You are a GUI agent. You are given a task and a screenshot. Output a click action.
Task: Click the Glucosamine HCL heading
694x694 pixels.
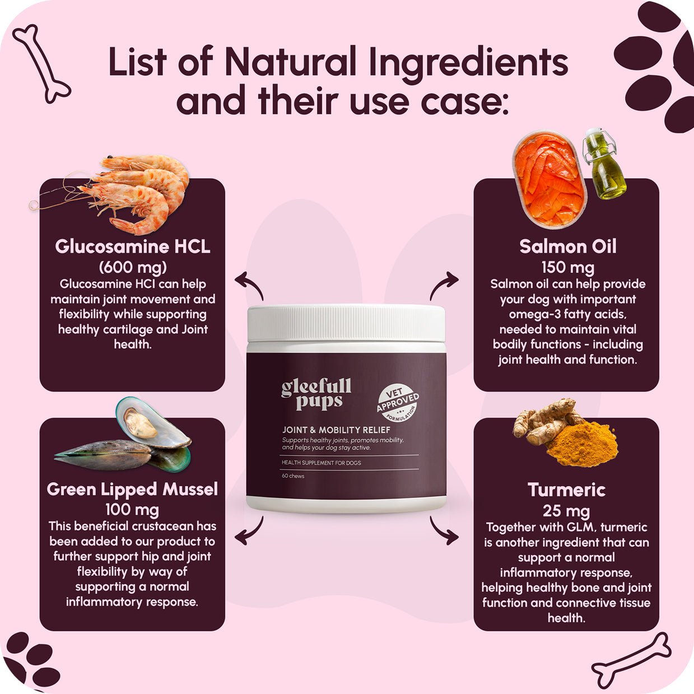133,246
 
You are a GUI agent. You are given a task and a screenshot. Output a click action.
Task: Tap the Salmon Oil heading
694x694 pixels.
567,246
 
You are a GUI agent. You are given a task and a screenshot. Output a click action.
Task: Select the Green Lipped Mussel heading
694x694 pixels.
132,490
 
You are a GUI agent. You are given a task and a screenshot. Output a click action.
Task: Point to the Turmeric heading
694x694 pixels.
566,490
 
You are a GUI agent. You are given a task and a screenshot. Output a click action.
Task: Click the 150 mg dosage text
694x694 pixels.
567,268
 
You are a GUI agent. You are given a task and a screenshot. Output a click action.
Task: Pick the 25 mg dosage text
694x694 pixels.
566,511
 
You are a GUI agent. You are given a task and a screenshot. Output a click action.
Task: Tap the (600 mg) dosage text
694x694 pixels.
133,267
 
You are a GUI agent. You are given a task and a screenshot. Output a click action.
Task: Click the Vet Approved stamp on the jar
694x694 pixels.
398,403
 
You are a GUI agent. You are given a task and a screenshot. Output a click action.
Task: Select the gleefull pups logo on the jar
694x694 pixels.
316,394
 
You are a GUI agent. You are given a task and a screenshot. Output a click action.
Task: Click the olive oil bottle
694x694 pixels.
604,164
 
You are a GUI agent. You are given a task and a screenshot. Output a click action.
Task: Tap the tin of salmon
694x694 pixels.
549,179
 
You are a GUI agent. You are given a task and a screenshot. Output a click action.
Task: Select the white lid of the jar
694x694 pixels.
346,323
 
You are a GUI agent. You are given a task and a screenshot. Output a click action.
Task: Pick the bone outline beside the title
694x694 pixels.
41,64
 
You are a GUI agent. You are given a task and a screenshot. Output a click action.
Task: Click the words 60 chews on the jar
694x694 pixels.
293,476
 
